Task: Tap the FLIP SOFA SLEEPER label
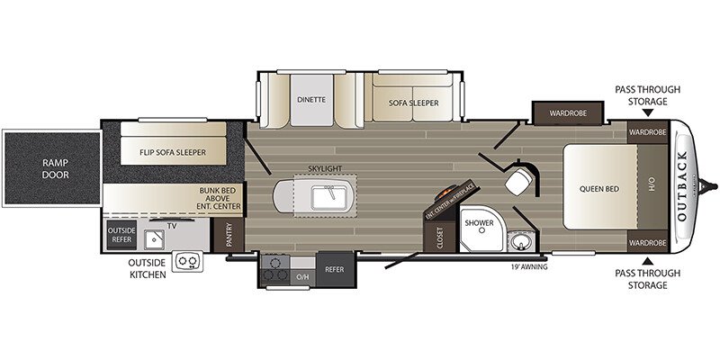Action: pos(173,153)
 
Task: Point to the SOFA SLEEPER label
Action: pos(413,103)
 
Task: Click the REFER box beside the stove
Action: pos(334,268)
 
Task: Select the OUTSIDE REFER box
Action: pos(121,236)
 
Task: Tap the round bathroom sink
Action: pos(517,242)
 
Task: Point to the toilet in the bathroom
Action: pos(520,182)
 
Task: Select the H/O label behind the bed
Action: pos(652,188)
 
